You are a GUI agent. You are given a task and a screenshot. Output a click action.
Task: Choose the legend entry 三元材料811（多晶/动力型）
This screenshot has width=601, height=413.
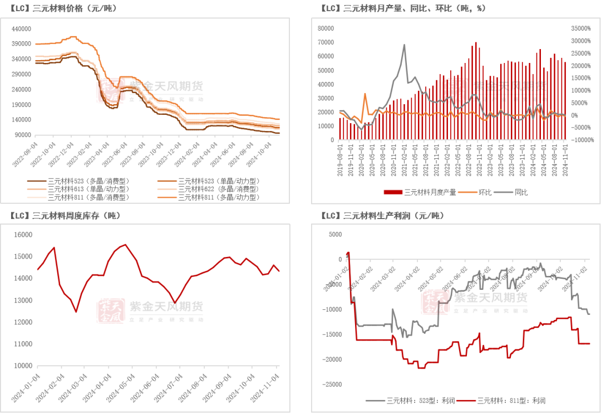coord(219,197)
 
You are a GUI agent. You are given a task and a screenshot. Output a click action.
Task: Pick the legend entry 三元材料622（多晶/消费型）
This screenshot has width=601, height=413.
coord(219,189)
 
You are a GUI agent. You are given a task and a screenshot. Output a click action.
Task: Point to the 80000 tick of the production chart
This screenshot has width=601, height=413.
coord(326,28)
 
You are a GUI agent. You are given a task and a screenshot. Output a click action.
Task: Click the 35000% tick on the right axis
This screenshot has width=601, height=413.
coord(582,28)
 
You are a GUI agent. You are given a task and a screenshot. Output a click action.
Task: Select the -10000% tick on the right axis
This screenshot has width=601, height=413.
coord(581,140)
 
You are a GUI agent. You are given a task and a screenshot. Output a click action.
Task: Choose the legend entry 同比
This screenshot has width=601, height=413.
coord(521,192)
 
